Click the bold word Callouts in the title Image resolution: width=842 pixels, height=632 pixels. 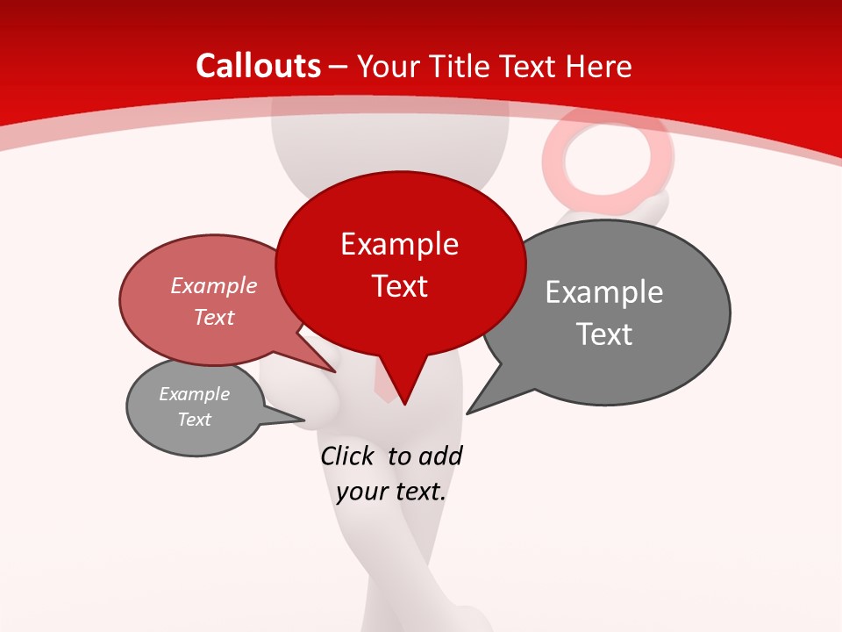click(258, 66)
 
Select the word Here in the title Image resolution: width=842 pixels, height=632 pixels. click(599, 66)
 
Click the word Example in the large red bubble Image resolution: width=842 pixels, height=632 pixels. click(399, 244)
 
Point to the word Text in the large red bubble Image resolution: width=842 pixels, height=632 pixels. click(399, 286)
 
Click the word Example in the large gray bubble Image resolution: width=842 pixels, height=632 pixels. click(604, 292)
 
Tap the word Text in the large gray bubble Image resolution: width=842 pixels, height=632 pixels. click(604, 334)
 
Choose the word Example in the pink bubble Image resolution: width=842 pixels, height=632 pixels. click(214, 286)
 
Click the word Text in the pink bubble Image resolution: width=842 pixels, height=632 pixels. click(214, 317)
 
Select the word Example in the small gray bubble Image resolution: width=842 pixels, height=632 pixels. click(194, 394)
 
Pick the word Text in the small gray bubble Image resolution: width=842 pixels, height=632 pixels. click(194, 420)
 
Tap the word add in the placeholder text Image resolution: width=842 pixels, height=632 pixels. click(440, 456)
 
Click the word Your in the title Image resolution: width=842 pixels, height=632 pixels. click(386, 66)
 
